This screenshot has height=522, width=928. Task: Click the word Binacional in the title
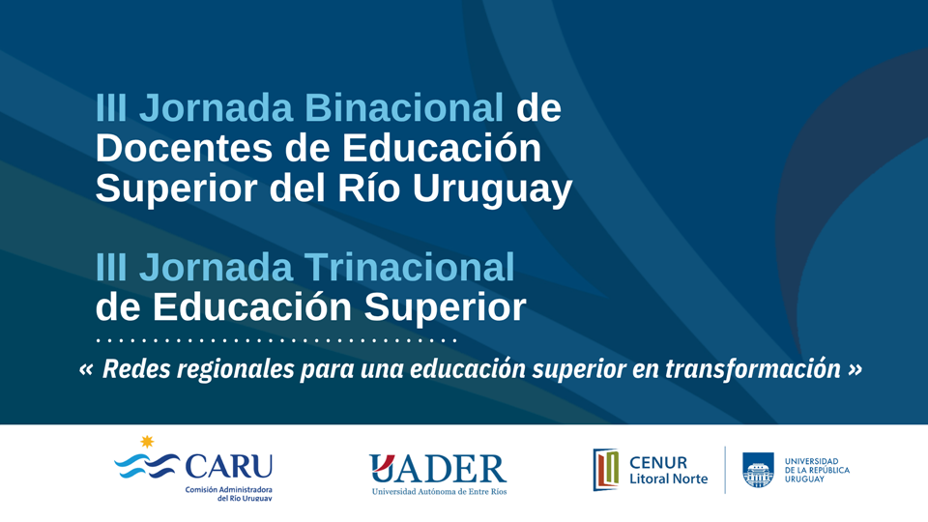click(404, 107)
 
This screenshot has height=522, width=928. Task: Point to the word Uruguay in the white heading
click(492, 190)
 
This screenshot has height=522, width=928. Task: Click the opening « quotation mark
click(86, 369)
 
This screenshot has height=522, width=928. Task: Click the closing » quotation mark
click(855, 369)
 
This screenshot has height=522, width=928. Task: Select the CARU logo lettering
click(228, 466)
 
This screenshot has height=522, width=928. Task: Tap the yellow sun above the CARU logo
click(147, 442)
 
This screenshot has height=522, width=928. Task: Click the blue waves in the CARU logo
click(147, 466)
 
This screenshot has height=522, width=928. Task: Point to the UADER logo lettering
click(438, 469)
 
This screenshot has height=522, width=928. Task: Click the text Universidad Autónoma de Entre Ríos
click(439, 491)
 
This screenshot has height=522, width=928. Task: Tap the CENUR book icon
click(606, 470)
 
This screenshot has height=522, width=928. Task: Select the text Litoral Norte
click(668, 478)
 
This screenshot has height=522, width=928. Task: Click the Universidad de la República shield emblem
click(758, 470)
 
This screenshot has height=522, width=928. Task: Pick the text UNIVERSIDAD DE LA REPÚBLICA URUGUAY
click(817, 470)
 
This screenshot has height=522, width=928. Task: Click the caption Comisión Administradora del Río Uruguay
click(229, 494)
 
